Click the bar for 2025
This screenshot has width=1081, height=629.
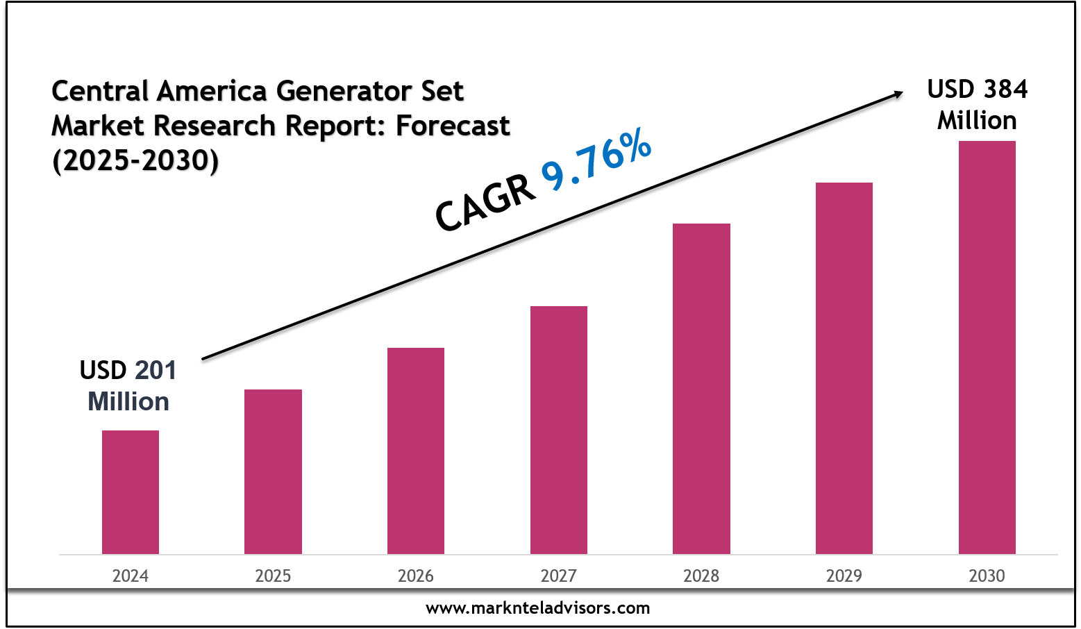tap(273, 471)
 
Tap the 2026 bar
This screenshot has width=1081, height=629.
tap(416, 451)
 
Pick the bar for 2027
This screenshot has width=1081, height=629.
tap(559, 430)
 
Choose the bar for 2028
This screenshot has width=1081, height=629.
tap(701, 389)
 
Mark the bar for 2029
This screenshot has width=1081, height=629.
tap(844, 368)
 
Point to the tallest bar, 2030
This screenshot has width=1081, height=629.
tap(987, 347)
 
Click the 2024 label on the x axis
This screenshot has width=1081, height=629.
tap(131, 576)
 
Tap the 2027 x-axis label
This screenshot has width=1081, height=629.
tap(559, 576)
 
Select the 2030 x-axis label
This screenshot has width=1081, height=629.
tap(987, 576)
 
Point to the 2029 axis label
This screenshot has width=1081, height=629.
tap(844, 576)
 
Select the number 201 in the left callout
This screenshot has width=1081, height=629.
tap(156, 371)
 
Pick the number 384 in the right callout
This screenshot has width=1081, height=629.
tap(1004, 90)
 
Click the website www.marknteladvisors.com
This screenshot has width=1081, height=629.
tap(538, 608)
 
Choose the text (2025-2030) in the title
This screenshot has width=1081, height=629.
tap(135, 160)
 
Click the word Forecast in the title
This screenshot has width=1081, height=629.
tap(453, 126)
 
